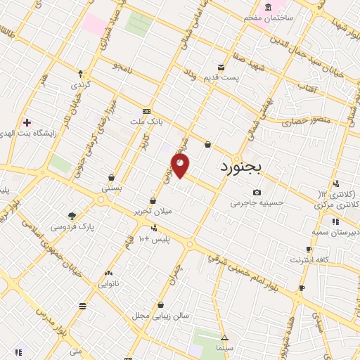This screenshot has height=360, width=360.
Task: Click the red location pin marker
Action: [180, 165]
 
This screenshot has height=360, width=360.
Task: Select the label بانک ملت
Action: [146, 122]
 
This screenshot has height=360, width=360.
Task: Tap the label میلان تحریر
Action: [152, 210]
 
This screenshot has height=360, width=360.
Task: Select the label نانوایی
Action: [108, 284]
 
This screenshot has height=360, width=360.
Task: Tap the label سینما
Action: [224, 348]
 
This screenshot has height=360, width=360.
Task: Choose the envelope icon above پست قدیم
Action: [221, 67]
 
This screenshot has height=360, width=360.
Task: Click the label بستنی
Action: [111, 188]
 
